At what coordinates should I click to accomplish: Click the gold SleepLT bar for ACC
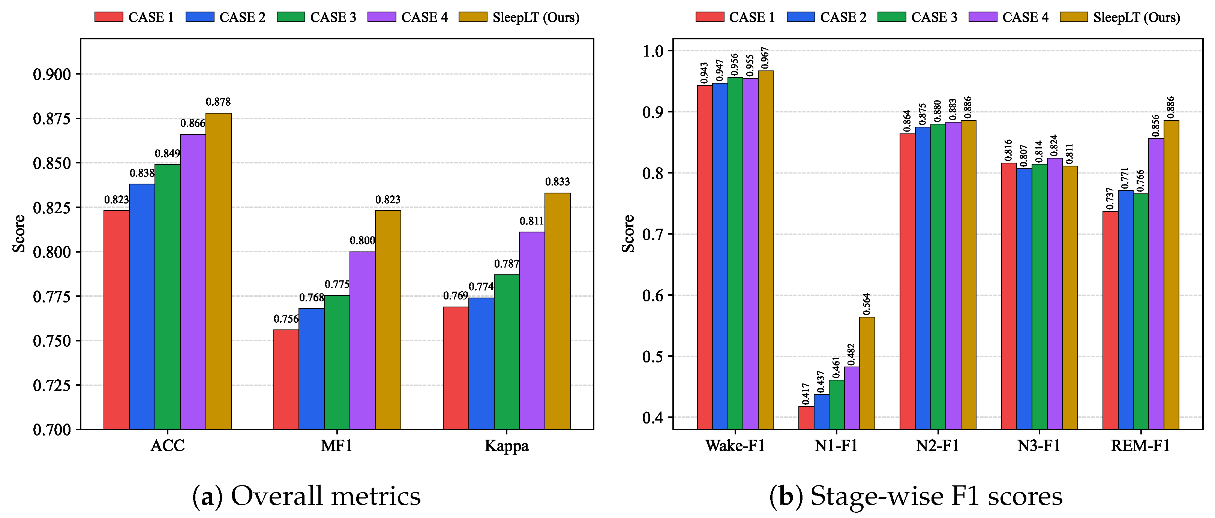[218, 271]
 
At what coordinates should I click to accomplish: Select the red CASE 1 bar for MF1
[286, 379]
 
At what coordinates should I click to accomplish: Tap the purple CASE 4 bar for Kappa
[532, 331]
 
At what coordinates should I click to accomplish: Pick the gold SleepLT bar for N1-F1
[867, 373]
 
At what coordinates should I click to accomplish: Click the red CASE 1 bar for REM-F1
[1110, 320]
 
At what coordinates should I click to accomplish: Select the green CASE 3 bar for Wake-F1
[735, 253]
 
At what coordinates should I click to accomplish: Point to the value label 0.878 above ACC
[218, 102]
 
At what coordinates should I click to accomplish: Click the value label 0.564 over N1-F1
[867, 304]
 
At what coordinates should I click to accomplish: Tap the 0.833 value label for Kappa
[558, 182]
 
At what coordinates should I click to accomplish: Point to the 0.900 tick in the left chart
[52, 75]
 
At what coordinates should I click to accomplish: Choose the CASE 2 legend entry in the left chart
[225, 18]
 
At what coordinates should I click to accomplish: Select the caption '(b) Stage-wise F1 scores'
[916, 496]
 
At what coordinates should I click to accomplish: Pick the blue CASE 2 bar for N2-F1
[922, 278]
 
